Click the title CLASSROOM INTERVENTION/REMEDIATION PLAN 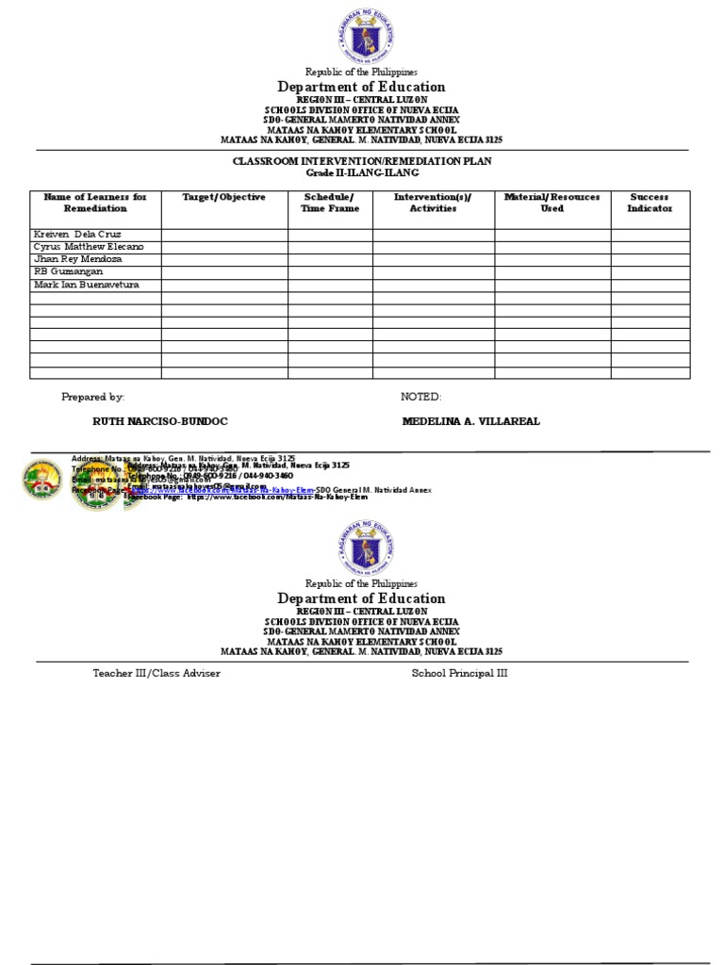(362, 161)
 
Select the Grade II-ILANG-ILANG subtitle (362, 173)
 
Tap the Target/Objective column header (223, 197)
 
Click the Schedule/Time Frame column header (330, 203)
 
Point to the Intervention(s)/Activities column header (433, 203)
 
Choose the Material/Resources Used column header (551, 203)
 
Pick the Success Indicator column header (650, 203)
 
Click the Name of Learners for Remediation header (95, 203)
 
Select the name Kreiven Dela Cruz (77, 234)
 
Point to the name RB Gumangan (68, 271)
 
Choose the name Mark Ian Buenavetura (86, 285)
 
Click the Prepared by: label (92, 398)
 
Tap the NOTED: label (420, 398)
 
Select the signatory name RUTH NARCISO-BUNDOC (159, 421)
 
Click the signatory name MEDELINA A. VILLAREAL (470, 421)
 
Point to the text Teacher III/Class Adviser (156, 674)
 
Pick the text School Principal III (459, 674)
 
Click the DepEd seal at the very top (365, 36)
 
